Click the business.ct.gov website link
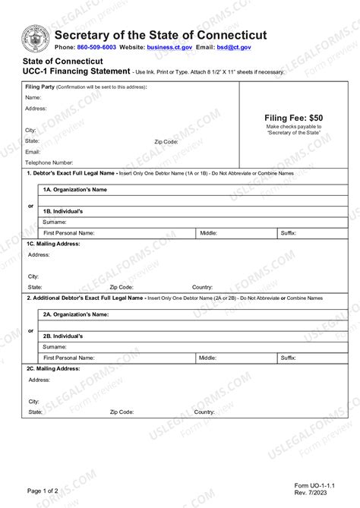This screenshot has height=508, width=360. point(169,47)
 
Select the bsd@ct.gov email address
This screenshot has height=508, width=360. point(235,47)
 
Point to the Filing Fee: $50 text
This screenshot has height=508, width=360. point(293,118)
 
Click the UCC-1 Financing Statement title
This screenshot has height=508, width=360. point(76,71)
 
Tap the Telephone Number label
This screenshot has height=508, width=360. point(49,162)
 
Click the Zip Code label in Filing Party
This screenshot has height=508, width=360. point(166,141)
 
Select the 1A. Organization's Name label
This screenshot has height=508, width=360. point(74,189)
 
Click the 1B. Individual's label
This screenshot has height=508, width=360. point(68,210)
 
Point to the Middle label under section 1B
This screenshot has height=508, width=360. point(208,232)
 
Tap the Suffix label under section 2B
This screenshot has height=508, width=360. point(288,357)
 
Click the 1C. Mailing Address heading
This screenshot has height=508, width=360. point(53,244)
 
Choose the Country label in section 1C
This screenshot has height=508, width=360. point(202,287)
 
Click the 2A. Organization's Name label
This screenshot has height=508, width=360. point(76,314)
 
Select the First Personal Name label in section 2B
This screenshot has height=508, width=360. point(69,357)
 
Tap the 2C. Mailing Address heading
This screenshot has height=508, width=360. point(54,368)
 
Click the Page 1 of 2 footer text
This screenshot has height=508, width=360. point(43,491)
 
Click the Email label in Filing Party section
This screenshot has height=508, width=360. point(33,152)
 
